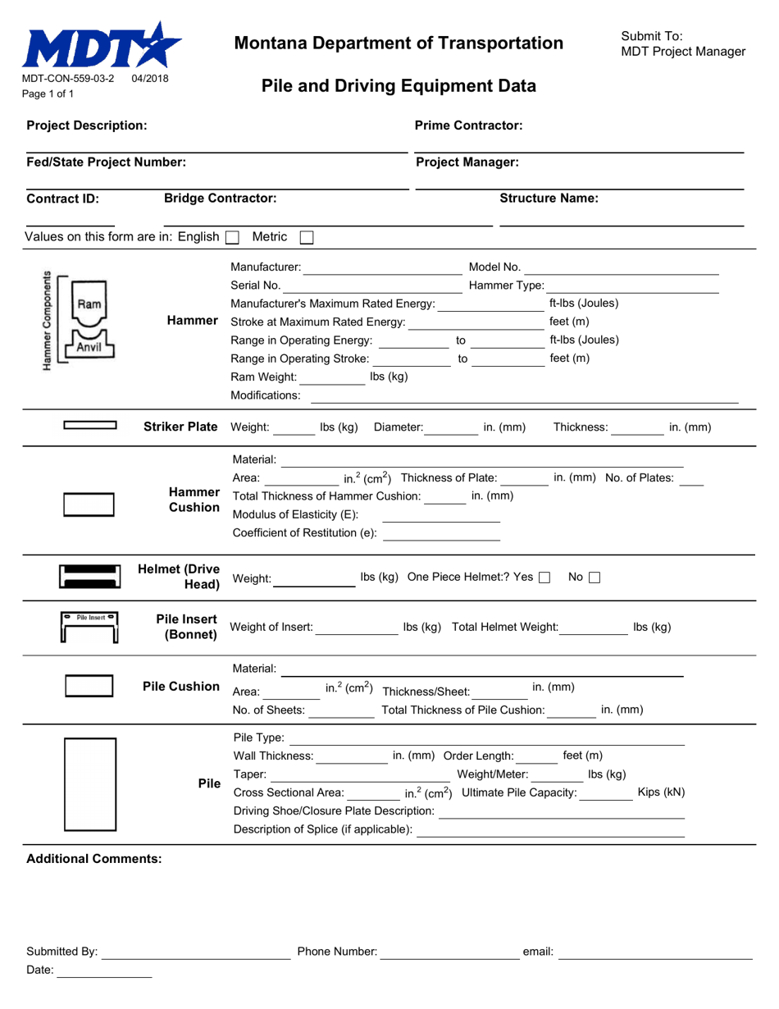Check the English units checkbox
click(x=232, y=237)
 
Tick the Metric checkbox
click(x=307, y=237)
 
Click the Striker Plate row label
click(x=180, y=427)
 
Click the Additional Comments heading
click(x=94, y=859)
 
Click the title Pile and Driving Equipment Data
click(x=399, y=86)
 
